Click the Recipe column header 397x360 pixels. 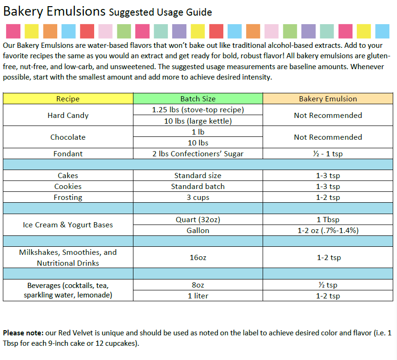68,99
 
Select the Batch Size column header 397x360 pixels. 198,99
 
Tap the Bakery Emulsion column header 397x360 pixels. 328,99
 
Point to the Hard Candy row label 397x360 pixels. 68,116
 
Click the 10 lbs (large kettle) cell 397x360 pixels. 198,121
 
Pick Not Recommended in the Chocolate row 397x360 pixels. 328,137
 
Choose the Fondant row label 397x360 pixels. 68,153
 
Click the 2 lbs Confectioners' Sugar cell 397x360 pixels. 198,153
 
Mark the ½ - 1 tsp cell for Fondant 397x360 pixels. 328,153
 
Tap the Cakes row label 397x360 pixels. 68,176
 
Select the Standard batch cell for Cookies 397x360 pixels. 198,187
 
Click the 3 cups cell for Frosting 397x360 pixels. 198,198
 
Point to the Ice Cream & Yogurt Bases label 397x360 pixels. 68,225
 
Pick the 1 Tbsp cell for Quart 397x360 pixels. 328,220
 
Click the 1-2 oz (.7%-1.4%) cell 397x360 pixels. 328,231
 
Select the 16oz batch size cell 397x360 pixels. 198,258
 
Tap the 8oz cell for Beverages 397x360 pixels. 198,285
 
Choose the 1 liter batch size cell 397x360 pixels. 198,296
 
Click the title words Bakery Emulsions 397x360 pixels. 54,11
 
